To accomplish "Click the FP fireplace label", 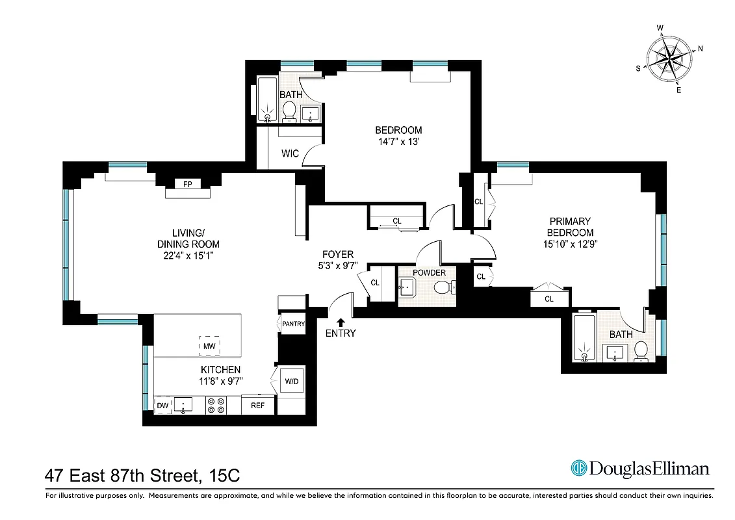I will (x=187, y=184).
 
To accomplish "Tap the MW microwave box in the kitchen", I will (x=209, y=346).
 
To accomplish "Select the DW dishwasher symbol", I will (x=162, y=406).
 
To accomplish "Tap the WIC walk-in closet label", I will (x=290, y=154).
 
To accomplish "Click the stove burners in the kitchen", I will (x=216, y=406).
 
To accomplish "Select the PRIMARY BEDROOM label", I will (x=570, y=227).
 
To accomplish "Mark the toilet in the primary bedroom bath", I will (x=640, y=350).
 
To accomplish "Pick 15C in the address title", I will (x=225, y=475).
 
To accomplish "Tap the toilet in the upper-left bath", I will (x=289, y=110).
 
